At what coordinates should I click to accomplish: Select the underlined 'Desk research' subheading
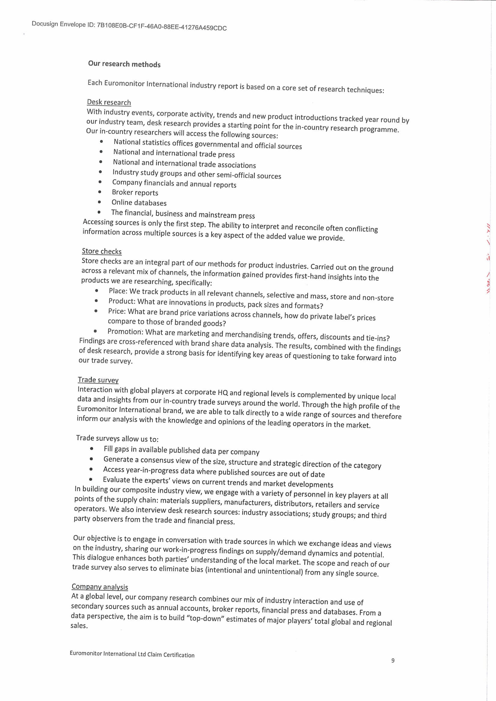coord(109,102)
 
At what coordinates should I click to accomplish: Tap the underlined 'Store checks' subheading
coord(102,251)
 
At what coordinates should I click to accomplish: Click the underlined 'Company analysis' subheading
coord(100,587)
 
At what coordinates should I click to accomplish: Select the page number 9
coord(393,660)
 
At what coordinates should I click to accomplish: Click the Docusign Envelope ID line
coord(129,26)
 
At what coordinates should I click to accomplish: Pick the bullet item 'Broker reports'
coord(135,192)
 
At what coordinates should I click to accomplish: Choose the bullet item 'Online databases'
coord(139,203)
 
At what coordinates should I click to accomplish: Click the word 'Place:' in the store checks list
coord(118,291)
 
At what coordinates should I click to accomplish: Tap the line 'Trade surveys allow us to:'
coord(117,438)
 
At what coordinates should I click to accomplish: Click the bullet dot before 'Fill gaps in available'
coord(92,449)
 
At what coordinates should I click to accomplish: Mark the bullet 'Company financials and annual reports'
coord(174,184)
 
